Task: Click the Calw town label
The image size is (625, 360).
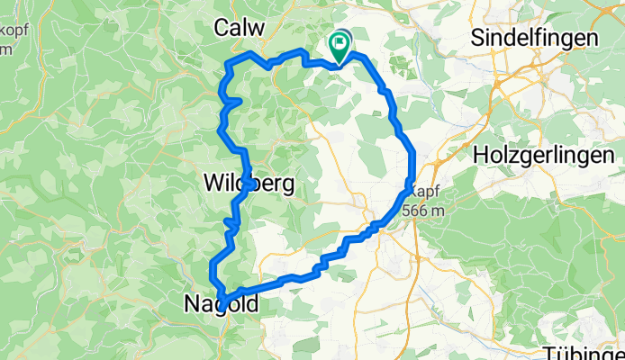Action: (x=240, y=28)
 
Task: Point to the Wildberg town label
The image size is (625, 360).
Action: (x=249, y=184)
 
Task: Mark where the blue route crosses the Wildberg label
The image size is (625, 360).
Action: (x=244, y=183)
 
